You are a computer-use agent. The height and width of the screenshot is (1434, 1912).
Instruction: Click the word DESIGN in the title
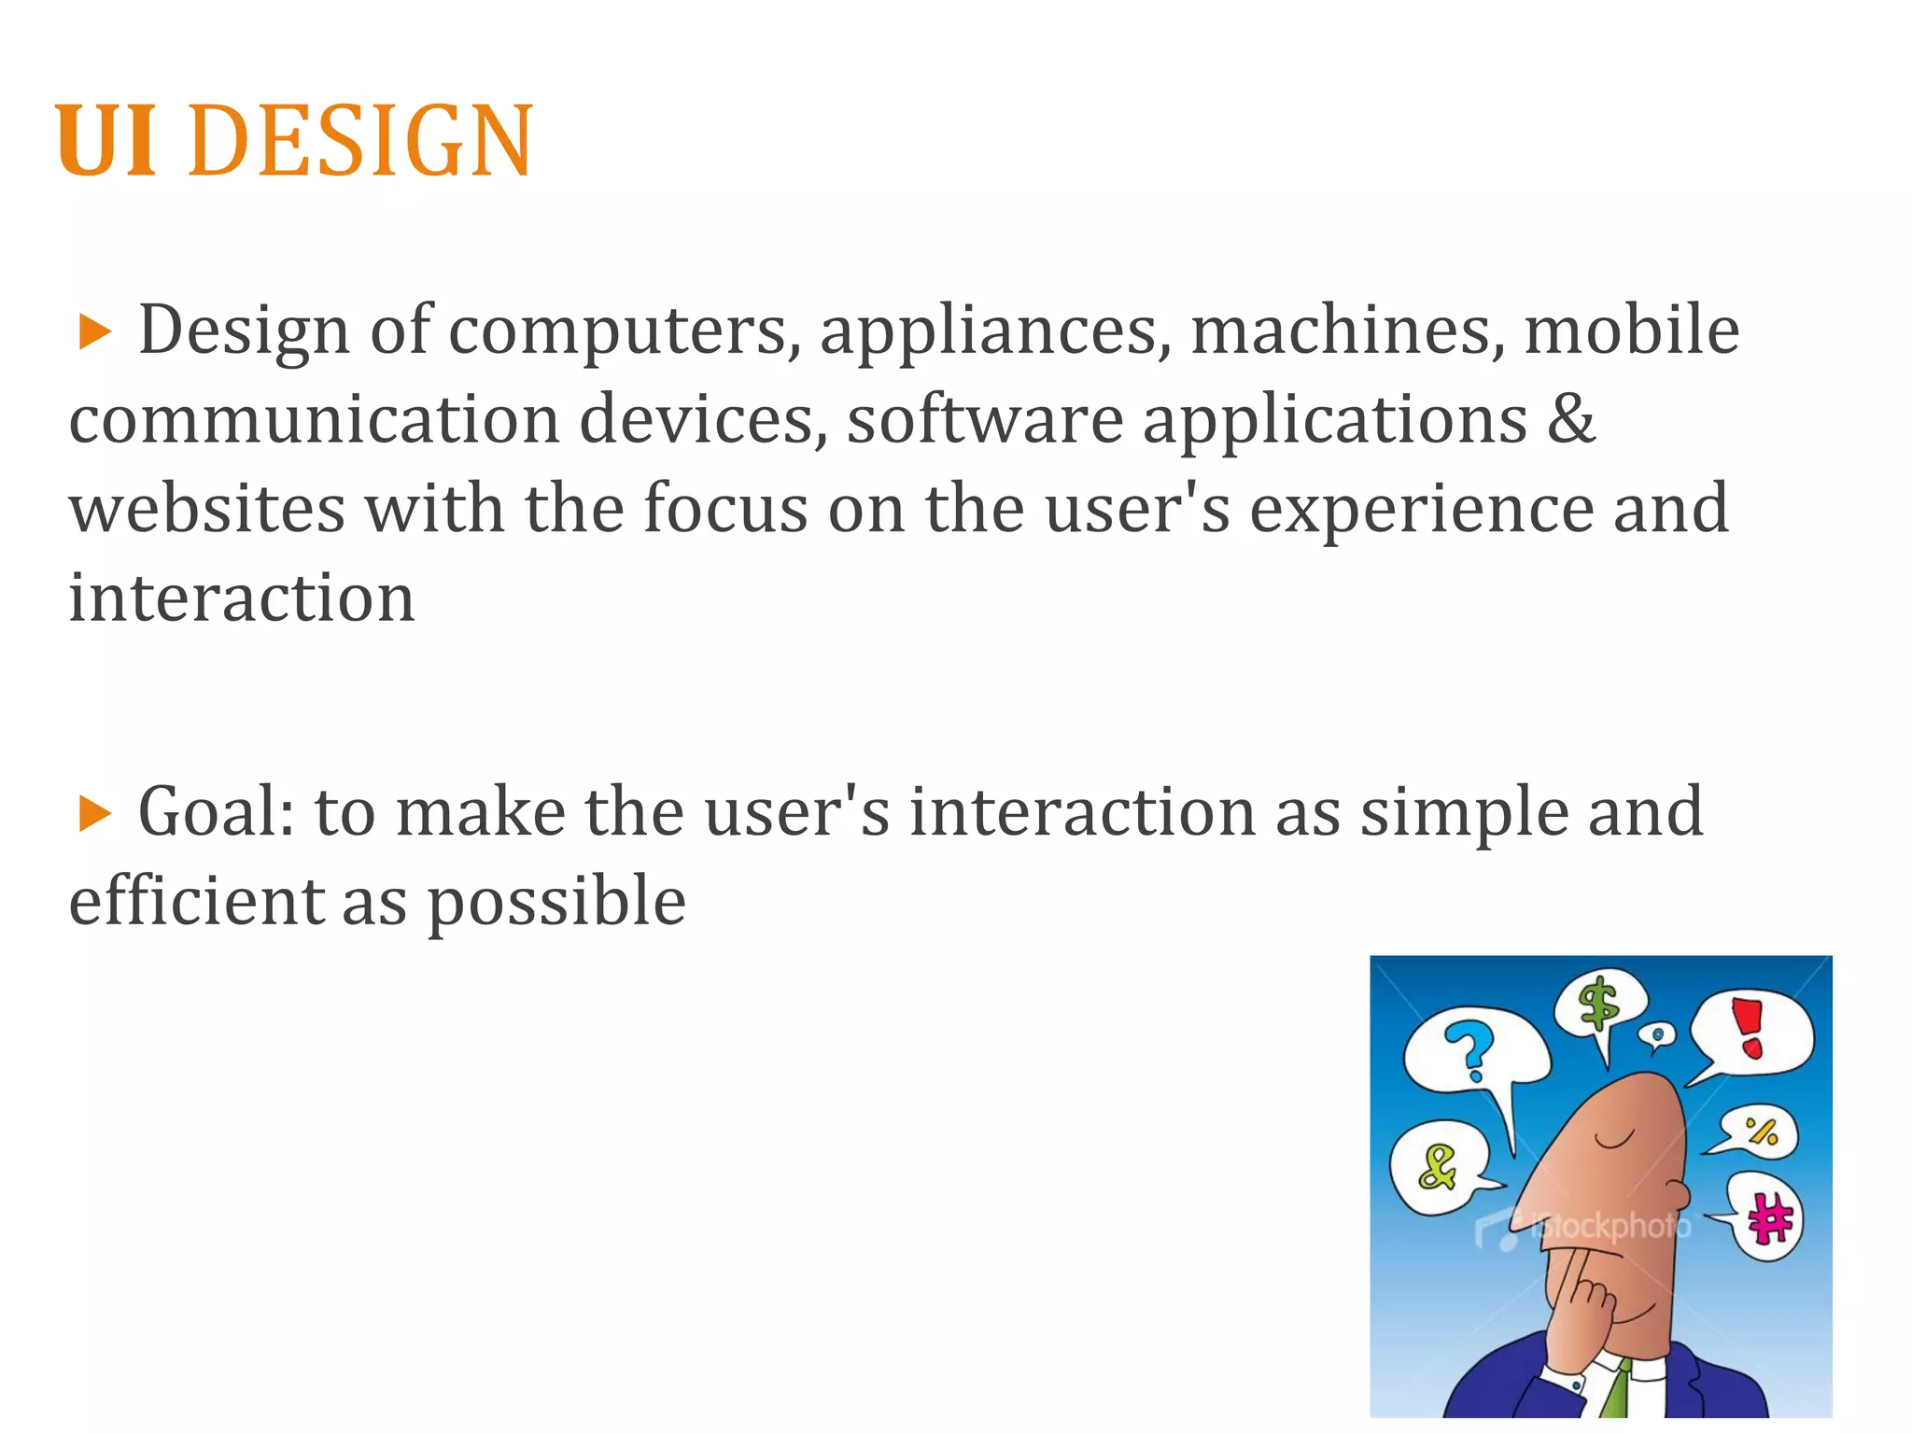(359, 142)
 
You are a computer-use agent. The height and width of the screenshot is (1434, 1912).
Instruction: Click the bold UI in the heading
(105, 142)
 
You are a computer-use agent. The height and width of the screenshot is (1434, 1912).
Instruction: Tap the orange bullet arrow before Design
(94, 332)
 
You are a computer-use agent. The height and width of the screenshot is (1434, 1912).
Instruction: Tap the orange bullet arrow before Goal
(94, 814)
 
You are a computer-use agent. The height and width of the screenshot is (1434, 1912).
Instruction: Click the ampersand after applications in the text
(1571, 419)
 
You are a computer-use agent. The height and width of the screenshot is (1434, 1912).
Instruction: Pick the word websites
(206, 509)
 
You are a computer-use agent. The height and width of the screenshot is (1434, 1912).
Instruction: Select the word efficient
(196, 901)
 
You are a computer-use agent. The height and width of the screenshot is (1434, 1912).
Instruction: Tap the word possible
(556, 903)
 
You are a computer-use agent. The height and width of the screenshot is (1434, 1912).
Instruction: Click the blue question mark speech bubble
(1472, 1050)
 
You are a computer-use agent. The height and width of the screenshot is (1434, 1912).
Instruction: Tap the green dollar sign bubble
(1598, 1006)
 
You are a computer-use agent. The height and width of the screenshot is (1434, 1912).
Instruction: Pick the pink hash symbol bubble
(1767, 1216)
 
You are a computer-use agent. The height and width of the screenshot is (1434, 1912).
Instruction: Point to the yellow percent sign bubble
(1761, 1132)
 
